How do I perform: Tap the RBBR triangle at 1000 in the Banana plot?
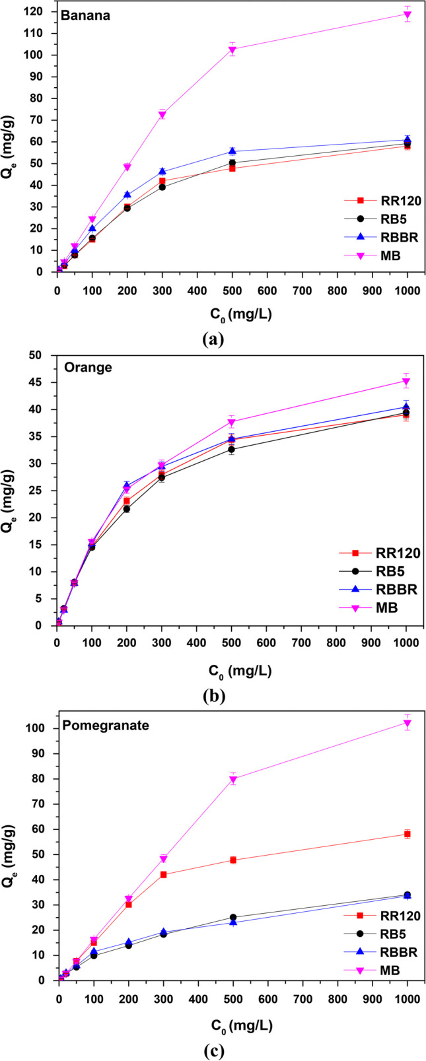click(x=408, y=139)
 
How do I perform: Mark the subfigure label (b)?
click(x=214, y=695)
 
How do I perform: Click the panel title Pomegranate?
click(x=106, y=726)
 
